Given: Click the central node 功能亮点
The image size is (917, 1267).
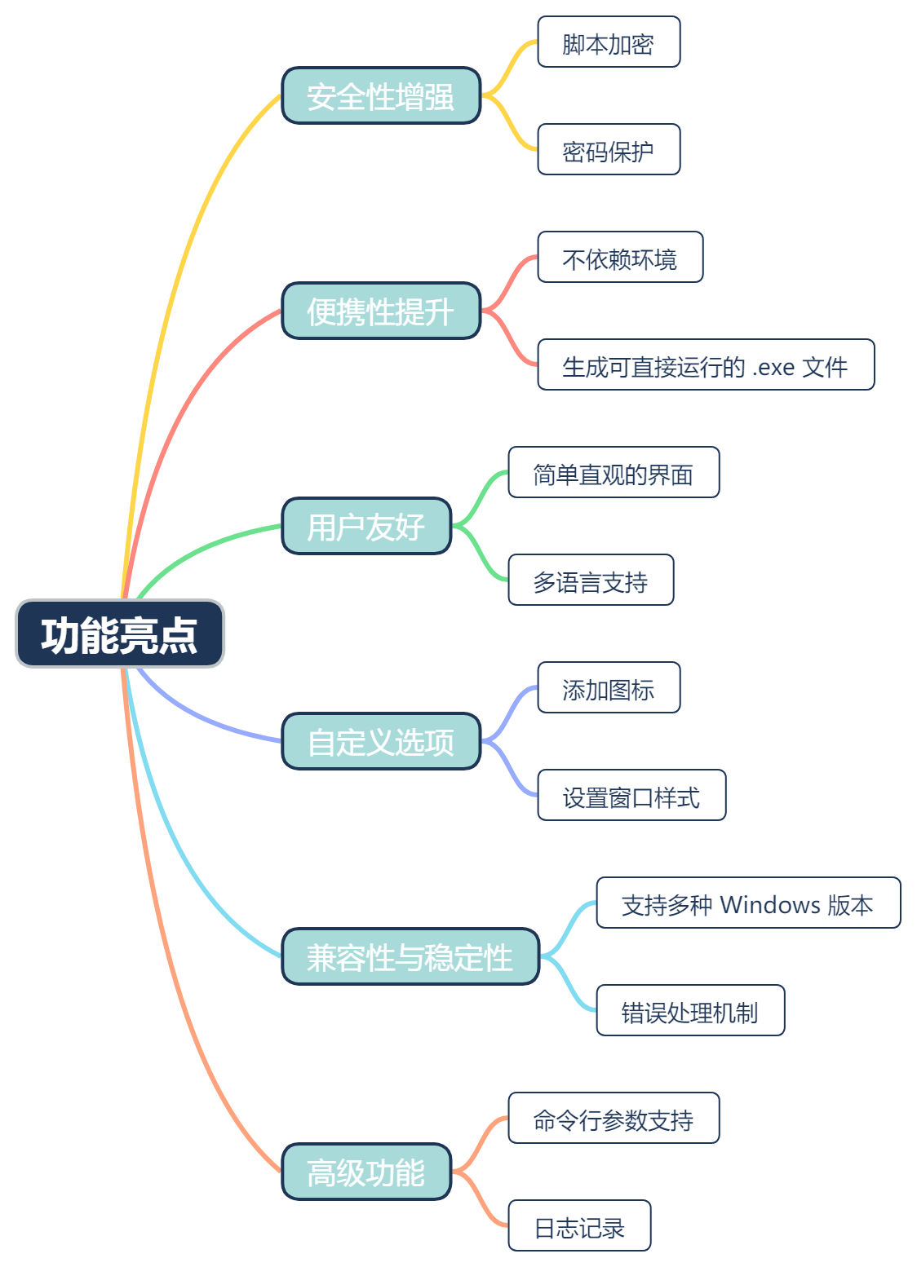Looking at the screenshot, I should pyautogui.click(x=120, y=634).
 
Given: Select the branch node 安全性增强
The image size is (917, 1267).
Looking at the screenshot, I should pyautogui.click(x=381, y=96).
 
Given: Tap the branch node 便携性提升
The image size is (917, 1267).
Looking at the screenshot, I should pyautogui.click(x=381, y=311).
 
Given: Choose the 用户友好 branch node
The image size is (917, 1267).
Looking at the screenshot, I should pyautogui.click(x=366, y=527).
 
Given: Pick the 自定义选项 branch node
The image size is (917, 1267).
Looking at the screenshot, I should pyautogui.click(x=381, y=742).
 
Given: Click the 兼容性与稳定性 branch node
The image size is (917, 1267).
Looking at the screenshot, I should pyautogui.click(x=410, y=957).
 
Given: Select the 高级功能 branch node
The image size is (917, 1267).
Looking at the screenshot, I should pyautogui.click(x=366, y=1172).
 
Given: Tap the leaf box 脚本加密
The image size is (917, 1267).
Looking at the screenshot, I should pyautogui.click(x=609, y=42).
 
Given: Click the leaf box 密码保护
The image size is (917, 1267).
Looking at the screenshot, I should pyautogui.click(x=609, y=150).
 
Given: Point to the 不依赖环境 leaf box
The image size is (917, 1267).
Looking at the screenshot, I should pyautogui.click(x=620, y=258).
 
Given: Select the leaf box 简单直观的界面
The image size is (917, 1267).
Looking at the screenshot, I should pyautogui.click(x=614, y=473).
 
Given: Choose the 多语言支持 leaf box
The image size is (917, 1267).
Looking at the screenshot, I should pyautogui.click(x=591, y=581).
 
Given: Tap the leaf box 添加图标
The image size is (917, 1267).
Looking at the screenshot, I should pyautogui.click(x=609, y=688).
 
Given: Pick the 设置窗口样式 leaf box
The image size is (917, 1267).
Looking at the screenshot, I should pyautogui.click(x=631, y=796).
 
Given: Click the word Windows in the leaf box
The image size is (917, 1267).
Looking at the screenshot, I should pyautogui.click(x=770, y=904).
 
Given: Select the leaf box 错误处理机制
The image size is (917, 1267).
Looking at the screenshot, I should pyautogui.click(x=690, y=1011).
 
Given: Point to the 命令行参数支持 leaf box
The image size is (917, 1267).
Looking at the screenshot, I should pyautogui.click(x=614, y=1119).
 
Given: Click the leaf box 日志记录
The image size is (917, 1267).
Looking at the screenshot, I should pyautogui.click(x=579, y=1226).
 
